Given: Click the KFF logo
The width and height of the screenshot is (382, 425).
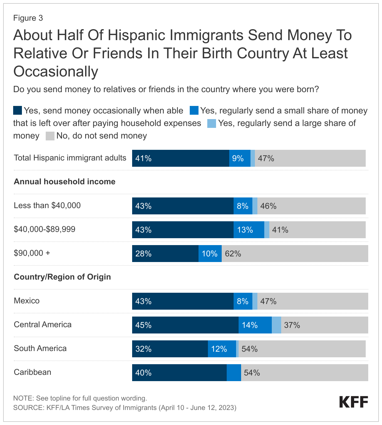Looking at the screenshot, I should (354, 402).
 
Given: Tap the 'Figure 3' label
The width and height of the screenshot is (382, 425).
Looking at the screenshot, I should (28, 18).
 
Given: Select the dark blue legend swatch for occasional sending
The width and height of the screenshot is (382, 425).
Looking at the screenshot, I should (18, 111).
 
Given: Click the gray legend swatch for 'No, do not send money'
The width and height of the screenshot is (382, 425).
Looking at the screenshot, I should (50, 136).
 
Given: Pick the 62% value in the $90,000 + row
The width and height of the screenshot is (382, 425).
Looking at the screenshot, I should (233, 254).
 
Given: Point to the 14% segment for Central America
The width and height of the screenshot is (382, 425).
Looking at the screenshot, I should (255, 325).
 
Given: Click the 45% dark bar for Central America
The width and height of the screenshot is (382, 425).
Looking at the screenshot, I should (185, 325).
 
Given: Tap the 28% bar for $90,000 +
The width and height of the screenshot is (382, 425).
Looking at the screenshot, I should (165, 254).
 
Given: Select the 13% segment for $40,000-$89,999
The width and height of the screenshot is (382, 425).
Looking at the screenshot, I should (249, 230).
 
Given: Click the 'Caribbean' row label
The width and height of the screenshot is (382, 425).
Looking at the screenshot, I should (33, 372).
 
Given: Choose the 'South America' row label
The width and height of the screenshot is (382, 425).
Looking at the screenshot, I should (40, 348).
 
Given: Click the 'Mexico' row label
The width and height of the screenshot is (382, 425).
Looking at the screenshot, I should (27, 301).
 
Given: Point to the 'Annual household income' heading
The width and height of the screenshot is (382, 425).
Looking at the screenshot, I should (65, 181).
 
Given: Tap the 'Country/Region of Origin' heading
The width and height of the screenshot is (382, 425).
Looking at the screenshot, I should (62, 277).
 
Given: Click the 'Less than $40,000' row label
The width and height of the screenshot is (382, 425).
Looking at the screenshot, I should (47, 205).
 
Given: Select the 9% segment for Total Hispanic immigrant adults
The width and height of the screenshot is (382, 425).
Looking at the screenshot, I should (240, 158).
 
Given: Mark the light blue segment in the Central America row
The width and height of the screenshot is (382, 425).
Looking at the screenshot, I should (276, 325).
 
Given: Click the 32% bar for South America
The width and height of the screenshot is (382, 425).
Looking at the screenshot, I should (170, 349).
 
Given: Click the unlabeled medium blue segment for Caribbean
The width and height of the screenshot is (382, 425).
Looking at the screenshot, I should (234, 373).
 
